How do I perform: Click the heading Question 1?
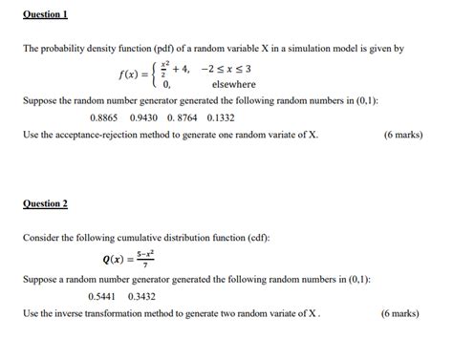click(x=45, y=16)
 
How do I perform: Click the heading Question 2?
click(x=45, y=203)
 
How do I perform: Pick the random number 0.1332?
click(x=221, y=118)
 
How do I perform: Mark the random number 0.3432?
click(x=140, y=296)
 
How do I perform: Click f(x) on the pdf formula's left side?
click(x=131, y=74)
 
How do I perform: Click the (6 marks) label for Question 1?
click(x=401, y=135)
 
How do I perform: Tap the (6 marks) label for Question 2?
click(x=399, y=312)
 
